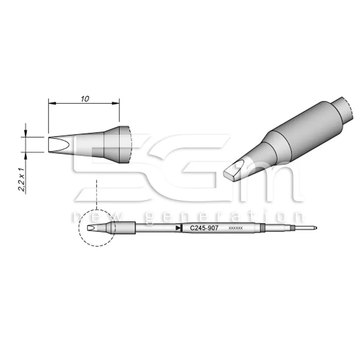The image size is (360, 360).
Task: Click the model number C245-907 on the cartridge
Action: click(x=204, y=229)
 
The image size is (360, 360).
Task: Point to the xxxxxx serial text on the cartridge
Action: click(x=236, y=229)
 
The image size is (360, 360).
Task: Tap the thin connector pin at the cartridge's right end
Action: click(x=308, y=228)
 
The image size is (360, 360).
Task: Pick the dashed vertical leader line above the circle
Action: click(x=97, y=193)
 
